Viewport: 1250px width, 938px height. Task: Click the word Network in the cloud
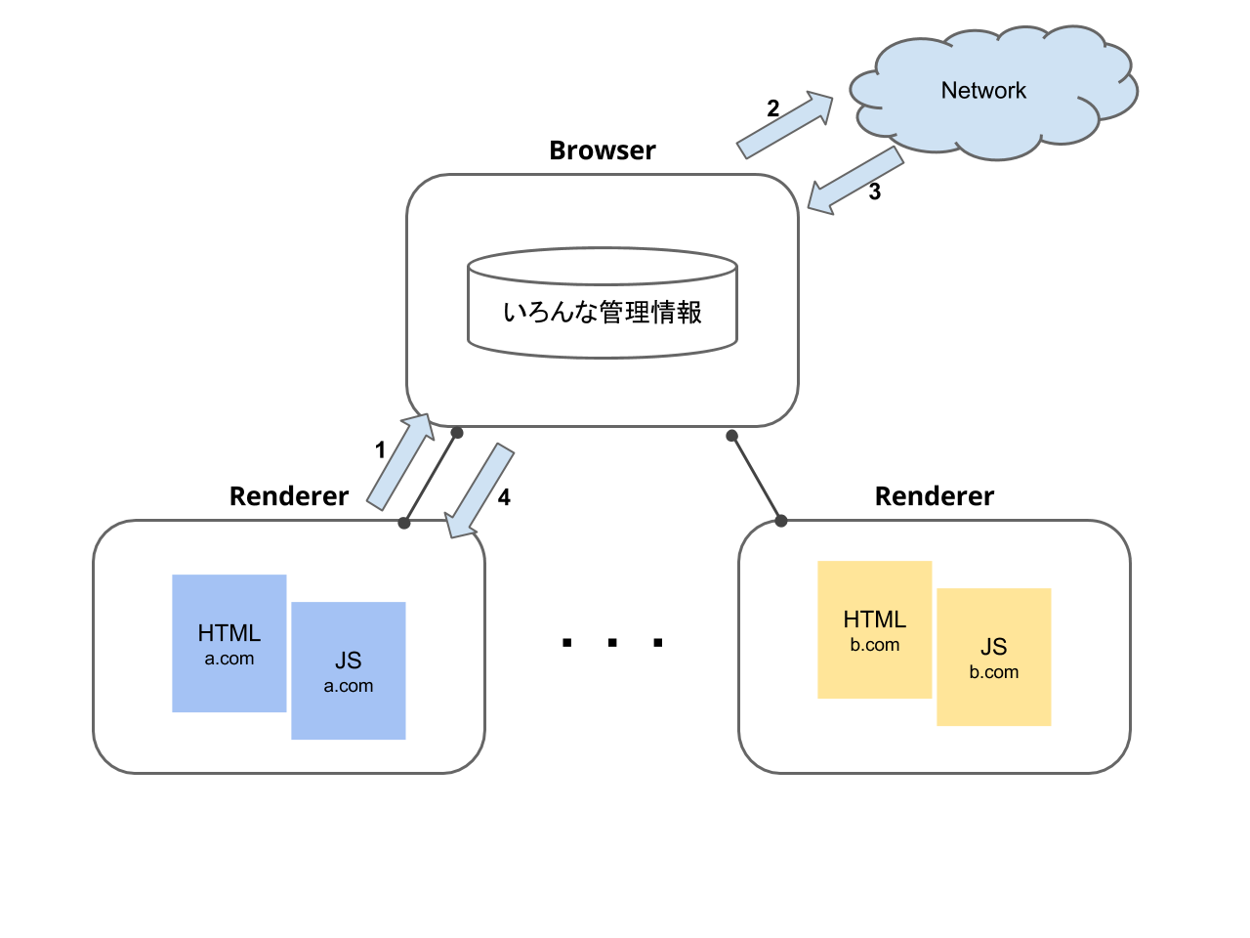coord(983,91)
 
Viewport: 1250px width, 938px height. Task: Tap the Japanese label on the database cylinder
coord(603,313)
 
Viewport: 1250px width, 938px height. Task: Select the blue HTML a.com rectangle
coord(229,606)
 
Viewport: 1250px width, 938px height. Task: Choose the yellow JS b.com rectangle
coord(993,699)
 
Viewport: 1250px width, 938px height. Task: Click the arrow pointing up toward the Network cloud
coord(785,124)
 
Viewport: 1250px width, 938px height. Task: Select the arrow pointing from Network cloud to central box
coord(854,181)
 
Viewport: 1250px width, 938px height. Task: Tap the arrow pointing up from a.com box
coord(401,461)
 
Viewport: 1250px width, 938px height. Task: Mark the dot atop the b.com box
coord(781,521)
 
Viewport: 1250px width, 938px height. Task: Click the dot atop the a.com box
coord(404,524)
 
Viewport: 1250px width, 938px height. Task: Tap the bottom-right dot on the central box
coord(731,435)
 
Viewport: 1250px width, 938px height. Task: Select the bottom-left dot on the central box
coord(456,433)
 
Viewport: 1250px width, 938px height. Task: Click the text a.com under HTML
coord(229,659)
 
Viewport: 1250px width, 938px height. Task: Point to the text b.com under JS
coord(993,672)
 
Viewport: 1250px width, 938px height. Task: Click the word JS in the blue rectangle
coord(349,661)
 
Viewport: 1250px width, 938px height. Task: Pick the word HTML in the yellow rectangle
coord(874,619)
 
